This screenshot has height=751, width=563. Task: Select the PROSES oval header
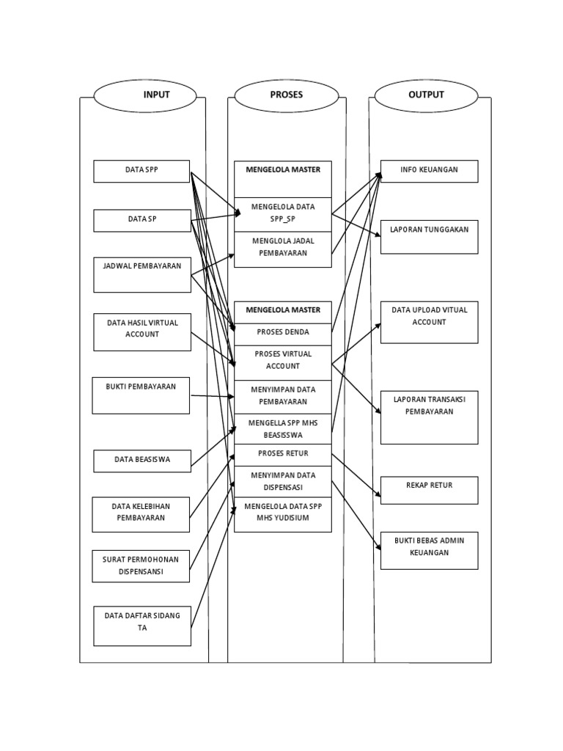click(x=286, y=95)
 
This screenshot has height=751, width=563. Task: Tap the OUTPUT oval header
click(x=426, y=95)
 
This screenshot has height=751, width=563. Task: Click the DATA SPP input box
click(x=141, y=171)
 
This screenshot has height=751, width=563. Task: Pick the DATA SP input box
click(x=141, y=220)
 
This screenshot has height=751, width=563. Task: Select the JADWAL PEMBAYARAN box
click(x=142, y=274)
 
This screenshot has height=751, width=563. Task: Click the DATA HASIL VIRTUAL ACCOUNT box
click(x=142, y=332)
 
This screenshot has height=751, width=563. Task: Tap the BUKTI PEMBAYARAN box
click(x=141, y=395)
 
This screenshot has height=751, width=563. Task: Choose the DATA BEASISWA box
click(x=141, y=461)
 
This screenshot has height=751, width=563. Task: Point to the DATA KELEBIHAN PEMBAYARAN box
click(x=141, y=513)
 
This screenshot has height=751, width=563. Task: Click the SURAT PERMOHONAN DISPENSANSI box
click(x=141, y=565)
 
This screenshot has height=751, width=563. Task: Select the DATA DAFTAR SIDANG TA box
click(x=141, y=625)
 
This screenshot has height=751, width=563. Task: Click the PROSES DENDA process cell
click(x=282, y=332)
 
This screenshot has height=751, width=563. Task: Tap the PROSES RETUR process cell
click(x=282, y=454)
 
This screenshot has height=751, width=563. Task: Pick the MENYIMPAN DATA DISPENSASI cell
click(x=282, y=481)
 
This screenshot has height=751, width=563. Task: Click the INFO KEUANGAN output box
click(x=429, y=171)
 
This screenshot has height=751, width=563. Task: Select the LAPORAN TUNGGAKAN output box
click(x=429, y=236)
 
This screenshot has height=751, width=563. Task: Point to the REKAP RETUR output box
click(x=429, y=490)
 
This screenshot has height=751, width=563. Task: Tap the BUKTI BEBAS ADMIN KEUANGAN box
click(x=429, y=550)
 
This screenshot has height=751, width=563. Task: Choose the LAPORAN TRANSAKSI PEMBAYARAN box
click(x=429, y=417)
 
